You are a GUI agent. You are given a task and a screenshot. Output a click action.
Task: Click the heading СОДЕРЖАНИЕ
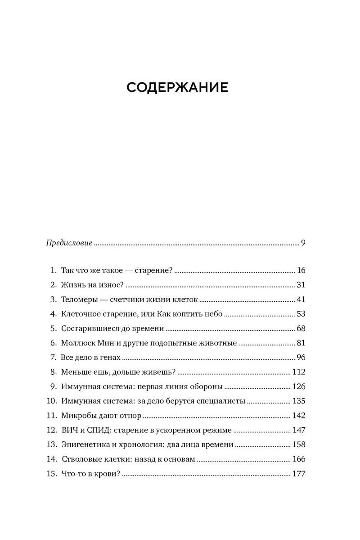(x=177, y=88)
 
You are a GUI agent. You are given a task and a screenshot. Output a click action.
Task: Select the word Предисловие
(x=69, y=243)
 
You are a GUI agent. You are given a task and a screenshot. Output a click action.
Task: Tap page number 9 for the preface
(x=303, y=243)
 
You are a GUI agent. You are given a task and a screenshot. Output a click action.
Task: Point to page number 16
(x=301, y=271)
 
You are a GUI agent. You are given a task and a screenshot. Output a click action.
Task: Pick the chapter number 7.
(x=53, y=358)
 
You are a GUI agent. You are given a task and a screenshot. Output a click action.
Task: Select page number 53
(x=301, y=314)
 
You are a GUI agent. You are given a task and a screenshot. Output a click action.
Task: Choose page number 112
(x=299, y=372)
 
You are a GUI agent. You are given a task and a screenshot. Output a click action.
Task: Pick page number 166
(x=299, y=459)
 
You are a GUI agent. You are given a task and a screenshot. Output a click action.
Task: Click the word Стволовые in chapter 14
(x=80, y=459)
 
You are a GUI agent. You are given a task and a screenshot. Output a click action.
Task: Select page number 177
(x=299, y=474)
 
